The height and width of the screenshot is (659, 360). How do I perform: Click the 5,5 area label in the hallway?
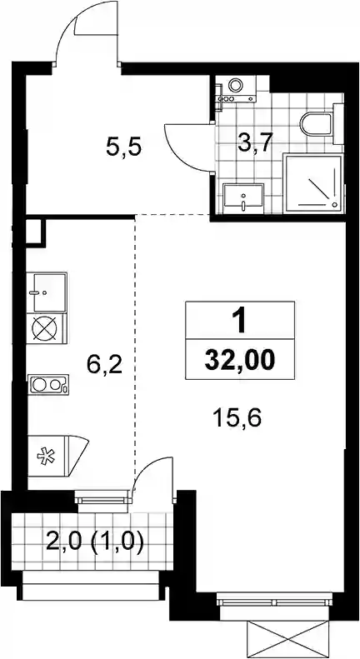click(x=124, y=148)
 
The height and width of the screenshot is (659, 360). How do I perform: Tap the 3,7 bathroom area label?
click(x=256, y=143)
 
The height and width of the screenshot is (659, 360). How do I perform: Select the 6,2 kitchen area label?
click(x=104, y=365)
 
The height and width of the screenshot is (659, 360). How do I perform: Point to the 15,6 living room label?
click(x=237, y=418)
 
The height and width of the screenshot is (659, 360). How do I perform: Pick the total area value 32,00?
click(x=240, y=360)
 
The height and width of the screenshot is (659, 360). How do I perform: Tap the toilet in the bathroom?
click(x=317, y=122)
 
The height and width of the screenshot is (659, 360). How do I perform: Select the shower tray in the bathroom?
click(x=312, y=183)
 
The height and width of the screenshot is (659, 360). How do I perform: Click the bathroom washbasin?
click(x=243, y=197)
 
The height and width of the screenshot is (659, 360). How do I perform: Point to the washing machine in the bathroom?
click(x=236, y=88)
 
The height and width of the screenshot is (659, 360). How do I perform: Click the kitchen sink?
click(x=47, y=292)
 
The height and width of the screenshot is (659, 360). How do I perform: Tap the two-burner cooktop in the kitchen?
click(x=48, y=385)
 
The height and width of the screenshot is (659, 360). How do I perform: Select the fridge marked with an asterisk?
click(x=57, y=456)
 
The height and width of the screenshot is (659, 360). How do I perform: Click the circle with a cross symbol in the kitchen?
click(x=46, y=328)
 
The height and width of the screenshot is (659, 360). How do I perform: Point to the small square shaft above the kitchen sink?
click(x=35, y=231)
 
